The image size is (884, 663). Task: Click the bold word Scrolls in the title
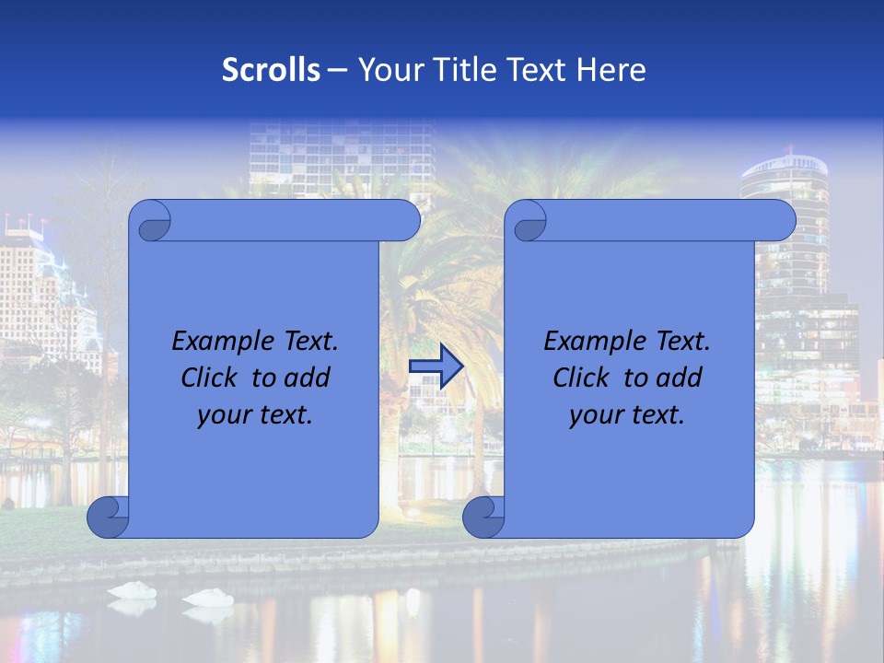pyautogui.click(x=271, y=69)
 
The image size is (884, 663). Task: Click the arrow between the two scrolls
pyautogui.click(x=436, y=366)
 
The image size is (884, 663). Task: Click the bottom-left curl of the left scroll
pyautogui.click(x=109, y=518)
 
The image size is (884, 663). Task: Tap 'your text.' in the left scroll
pyautogui.click(x=255, y=414)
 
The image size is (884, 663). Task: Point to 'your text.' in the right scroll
pyautogui.click(x=627, y=414)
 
